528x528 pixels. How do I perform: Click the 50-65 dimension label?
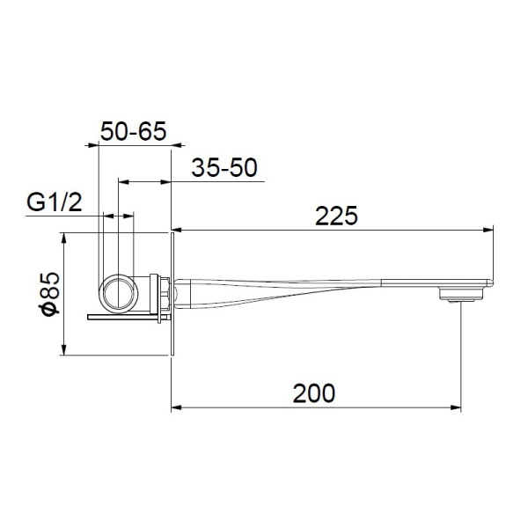coord(134,131)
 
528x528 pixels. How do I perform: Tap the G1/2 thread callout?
coord(55,204)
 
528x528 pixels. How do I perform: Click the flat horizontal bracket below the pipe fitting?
coord(127,316)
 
